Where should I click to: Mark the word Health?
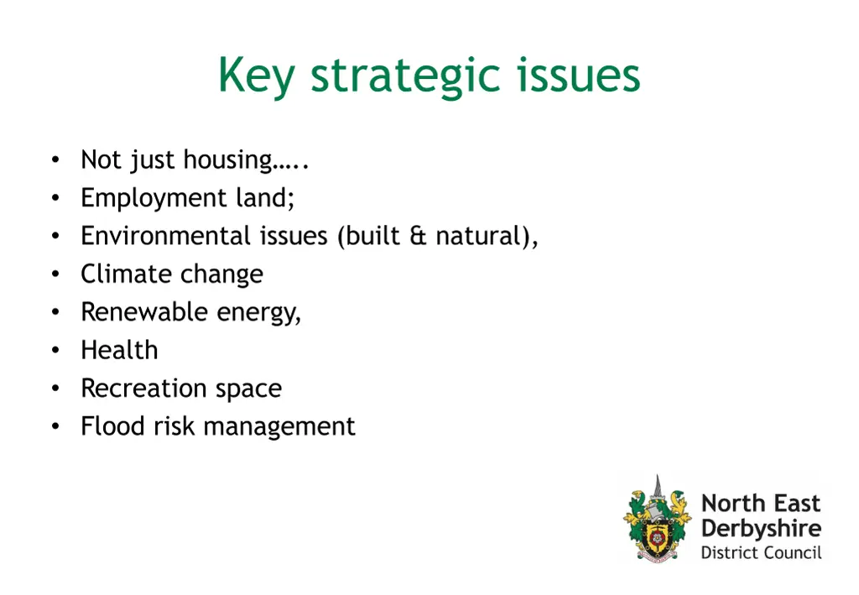(119, 350)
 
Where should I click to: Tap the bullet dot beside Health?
(55, 350)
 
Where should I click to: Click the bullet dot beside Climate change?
(55, 274)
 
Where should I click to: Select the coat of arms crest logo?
(658, 519)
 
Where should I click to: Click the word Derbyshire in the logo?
(761, 529)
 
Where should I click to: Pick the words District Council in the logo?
(761, 553)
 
